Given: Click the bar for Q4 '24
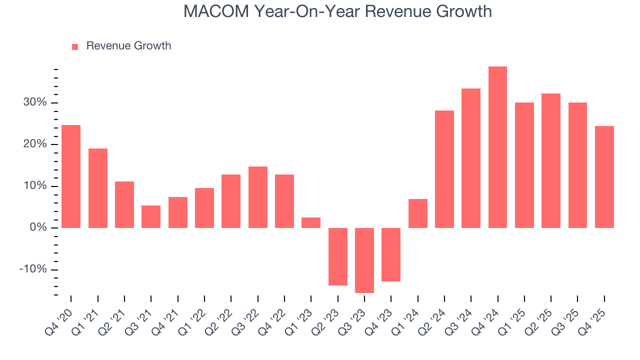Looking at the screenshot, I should [x=497, y=147].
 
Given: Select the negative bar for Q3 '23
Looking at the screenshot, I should [x=364, y=260].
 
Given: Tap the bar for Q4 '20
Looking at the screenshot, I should [x=71, y=176].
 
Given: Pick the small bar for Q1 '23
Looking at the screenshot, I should [x=311, y=222].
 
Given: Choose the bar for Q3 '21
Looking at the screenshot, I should [x=151, y=216].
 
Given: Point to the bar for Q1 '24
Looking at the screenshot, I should [x=418, y=213].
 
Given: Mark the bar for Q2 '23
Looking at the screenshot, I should [x=338, y=256].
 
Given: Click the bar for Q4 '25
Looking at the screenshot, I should [x=604, y=177].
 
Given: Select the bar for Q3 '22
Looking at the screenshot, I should [x=258, y=197].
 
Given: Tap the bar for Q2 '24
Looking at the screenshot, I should [x=444, y=169].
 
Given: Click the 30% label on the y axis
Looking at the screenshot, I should [x=35, y=102].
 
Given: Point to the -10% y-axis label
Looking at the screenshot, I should [x=33, y=269].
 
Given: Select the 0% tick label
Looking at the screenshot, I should [x=38, y=228].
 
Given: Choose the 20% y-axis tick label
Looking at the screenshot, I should [x=35, y=144].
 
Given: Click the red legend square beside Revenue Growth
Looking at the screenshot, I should [x=75, y=46].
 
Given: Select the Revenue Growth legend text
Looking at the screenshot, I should [x=128, y=46].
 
